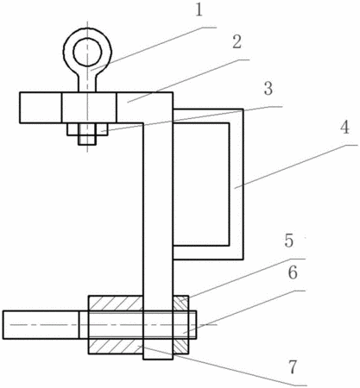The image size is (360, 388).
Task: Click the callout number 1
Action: (199, 10)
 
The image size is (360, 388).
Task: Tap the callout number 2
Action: (237, 42)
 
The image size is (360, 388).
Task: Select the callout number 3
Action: (268, 89)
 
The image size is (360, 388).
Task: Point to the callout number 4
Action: (344, 128)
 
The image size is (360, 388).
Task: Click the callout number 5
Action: (289, 241)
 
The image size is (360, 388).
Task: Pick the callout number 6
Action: (293, 272)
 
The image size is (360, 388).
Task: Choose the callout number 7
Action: (293, 367)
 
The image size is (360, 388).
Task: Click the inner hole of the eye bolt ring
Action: (87, 52)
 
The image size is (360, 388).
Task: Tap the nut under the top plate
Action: (87, 129)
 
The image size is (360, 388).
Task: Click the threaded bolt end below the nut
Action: (87, 140)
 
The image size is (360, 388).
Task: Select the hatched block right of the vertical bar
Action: (181, 325)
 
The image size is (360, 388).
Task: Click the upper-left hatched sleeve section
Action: (116, 304)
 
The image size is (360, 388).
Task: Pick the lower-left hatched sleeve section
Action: (116, 347)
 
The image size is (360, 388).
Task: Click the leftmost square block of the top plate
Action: (41, 108)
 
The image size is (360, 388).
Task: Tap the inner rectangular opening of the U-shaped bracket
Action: (201, 185)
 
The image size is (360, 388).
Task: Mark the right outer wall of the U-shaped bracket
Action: (237, 185)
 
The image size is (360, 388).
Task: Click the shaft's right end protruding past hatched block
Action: (193, 325)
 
